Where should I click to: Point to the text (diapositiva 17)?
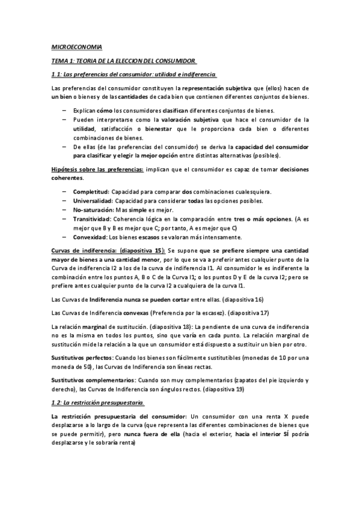248,313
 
